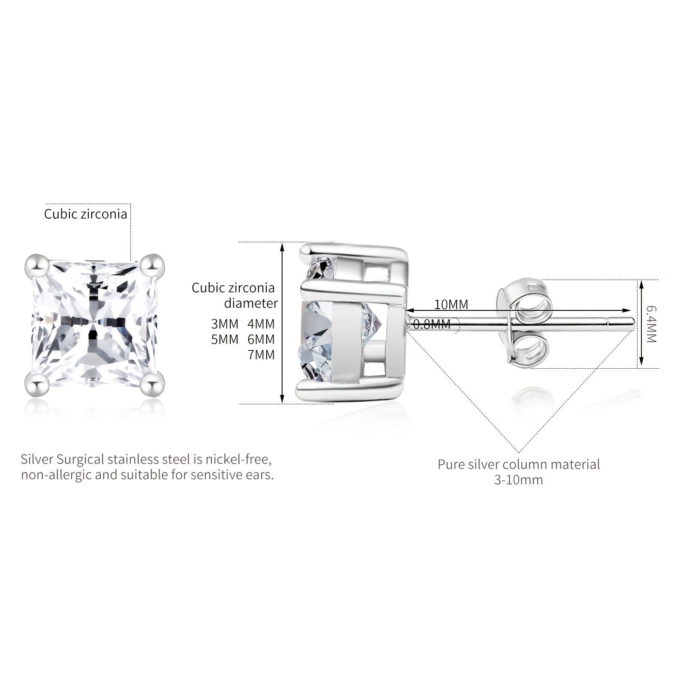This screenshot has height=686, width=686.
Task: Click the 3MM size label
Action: [x=225, y=324]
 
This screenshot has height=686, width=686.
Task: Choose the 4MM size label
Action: [x=261, y=324]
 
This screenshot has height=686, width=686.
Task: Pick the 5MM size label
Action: [x=225, y=340]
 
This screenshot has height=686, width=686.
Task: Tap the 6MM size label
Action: [x=261, y=340]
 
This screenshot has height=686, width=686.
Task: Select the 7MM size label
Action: [x=261, y=355]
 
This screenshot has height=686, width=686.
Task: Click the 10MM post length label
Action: [x=451, y=304]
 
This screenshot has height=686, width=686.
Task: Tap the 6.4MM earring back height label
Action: [x=651, y=324]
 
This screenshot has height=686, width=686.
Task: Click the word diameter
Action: [x=251, y=303]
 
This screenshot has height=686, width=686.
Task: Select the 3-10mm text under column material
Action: [x=519, y=480]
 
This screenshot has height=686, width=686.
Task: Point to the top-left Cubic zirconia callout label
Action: [x=86, y=214]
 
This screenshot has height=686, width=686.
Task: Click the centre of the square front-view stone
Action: [x=95, y=324]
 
